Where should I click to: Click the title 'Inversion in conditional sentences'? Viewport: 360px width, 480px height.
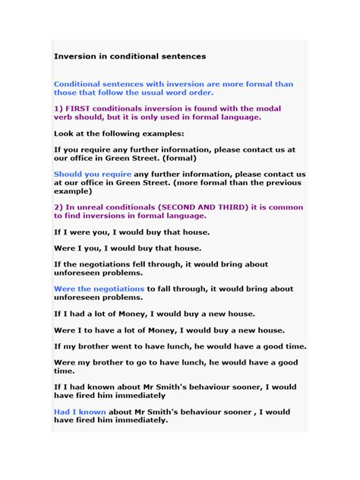129,56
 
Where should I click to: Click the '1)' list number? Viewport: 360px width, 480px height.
58,109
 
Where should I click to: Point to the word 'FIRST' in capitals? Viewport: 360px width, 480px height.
80,109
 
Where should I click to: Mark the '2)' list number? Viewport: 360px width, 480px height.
58,207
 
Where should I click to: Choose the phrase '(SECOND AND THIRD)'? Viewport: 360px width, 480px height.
201,207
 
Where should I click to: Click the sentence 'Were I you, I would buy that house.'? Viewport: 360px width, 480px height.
127,248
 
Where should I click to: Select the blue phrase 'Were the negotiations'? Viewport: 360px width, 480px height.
99,289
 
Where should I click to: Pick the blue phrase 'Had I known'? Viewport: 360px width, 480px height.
80,412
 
